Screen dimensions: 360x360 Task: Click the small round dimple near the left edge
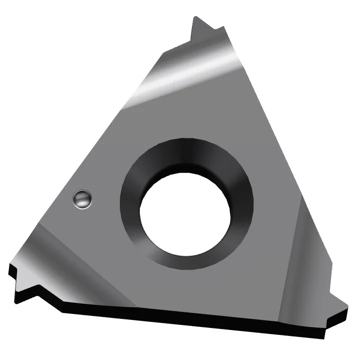click(x=82, y=199)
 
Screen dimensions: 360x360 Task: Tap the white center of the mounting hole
click(x=185, y=211)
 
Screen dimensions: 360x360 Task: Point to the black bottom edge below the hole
click(x=186, y=321)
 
